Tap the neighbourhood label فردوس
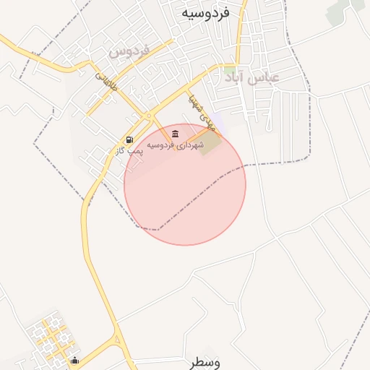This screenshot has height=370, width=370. (x=129, y=51)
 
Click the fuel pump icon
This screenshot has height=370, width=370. (x=129, y=139)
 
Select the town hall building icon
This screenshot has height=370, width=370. (x=176, y=135)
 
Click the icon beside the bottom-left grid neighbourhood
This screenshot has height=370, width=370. (x=74, y=361)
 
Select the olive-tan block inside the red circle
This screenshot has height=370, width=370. (x=210, y=143)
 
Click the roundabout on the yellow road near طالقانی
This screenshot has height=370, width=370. (x=149, y=116)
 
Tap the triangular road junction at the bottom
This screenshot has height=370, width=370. (x=117, y=341)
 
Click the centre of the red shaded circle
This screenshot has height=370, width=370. (x=185, y=184)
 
